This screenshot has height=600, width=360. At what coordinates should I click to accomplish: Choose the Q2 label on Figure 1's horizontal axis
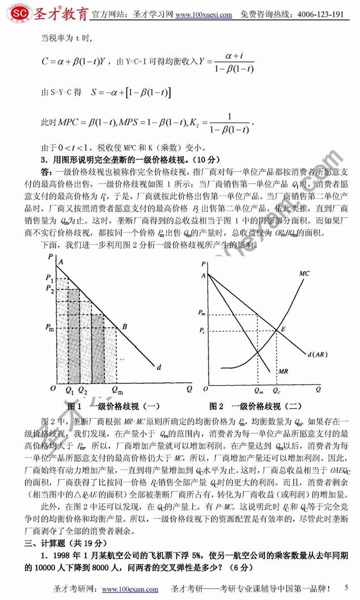[x=83, y=391]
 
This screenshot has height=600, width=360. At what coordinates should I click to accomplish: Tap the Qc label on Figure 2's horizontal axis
[x=276, y=391]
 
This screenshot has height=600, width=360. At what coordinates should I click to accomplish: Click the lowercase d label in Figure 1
[x=159, y=367]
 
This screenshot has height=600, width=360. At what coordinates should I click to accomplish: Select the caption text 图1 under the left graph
[x=75, y=406]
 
